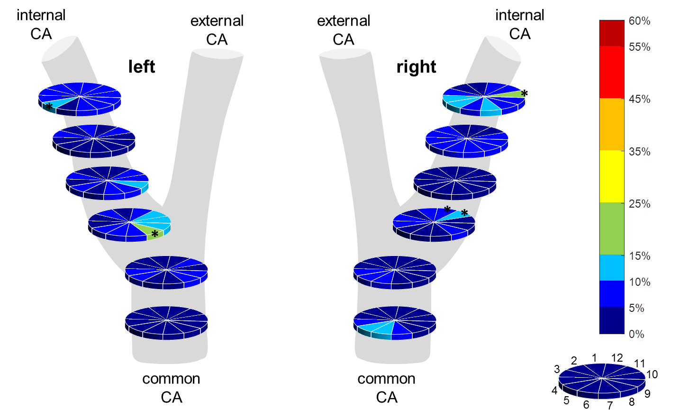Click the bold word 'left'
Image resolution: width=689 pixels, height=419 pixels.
point(142,66)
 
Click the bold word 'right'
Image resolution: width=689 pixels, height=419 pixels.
point(416,67)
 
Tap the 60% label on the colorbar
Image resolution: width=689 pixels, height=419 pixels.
point(639,21)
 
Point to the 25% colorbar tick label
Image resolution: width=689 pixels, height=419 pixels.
point(639,204)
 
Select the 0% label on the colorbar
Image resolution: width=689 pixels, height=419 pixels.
point(636,334)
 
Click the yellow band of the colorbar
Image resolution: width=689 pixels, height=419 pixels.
point(612,176)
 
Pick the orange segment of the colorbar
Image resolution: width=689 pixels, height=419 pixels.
point(612,124)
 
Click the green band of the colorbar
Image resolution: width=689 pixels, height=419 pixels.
point(612,228)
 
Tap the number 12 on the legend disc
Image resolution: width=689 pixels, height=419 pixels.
point(617,358)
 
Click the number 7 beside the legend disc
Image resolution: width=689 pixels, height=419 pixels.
point(610,405)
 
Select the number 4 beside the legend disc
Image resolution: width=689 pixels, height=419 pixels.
point(554,391)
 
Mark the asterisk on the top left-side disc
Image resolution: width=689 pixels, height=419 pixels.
point(49,107)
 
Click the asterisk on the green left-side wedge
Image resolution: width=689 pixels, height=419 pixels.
point(155,234)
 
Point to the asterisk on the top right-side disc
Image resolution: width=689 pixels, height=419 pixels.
point(525,93)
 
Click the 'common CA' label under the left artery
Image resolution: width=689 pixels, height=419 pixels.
point(172,388)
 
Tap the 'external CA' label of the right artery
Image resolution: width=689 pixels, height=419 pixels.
point(344,30)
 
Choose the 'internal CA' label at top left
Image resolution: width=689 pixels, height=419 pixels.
point(41,24)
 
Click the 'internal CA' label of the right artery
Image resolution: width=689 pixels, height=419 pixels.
point(519,24)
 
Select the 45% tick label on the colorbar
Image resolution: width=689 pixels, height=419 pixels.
point(639,99)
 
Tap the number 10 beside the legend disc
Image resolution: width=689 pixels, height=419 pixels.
point(652,374)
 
